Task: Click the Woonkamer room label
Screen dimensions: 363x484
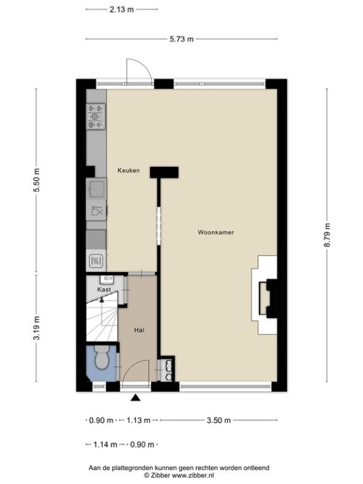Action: (216, 232)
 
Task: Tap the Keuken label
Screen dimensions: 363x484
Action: (128, 171)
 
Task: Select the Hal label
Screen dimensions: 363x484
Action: (139, 330)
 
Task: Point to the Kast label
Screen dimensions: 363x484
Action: (104, 290)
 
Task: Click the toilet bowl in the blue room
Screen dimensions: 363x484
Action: (101, 358)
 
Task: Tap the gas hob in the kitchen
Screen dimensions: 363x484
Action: (96, 116)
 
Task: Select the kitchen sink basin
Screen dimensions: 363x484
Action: (97, 188)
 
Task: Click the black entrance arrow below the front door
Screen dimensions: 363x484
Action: (136, 398)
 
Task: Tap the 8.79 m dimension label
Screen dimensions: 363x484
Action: (327, 235)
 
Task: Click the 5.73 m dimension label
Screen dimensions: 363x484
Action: (182, 39)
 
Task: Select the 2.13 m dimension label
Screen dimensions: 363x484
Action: (122, 9)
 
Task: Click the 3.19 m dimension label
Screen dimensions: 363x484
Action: (37, 328)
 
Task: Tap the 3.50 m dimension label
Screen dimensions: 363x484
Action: (218, 420)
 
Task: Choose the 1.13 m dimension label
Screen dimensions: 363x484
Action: (139, 420)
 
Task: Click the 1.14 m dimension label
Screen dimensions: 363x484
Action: (105, 445)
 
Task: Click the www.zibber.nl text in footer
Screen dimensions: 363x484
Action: (192, 476)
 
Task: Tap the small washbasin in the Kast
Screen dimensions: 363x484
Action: (107, 279)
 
